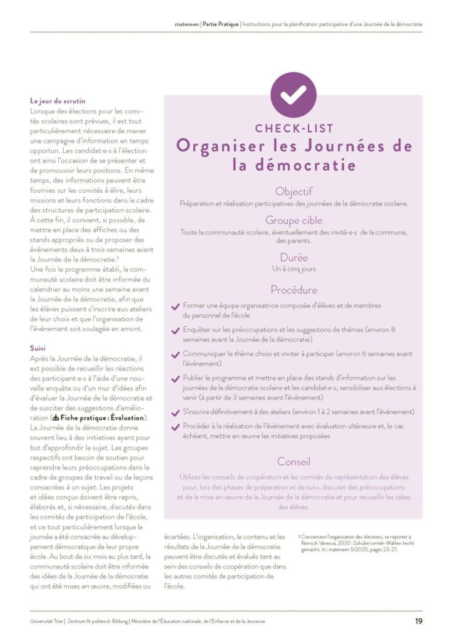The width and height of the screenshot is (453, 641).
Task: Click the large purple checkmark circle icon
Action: [x=293, y=95]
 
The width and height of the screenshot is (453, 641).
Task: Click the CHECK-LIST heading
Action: [x=293, y=129]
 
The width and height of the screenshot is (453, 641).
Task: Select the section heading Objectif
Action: [x=293, y=192]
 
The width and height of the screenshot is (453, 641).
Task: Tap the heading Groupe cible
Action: [x=293, y=220]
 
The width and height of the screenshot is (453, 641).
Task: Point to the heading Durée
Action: [x=293, y=257]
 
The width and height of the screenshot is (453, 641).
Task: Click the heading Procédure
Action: [x=293, y=290]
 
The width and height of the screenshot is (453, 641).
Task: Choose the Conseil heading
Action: [x=293, y=462]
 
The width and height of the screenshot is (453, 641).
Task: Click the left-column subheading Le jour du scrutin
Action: [x=58, y=101]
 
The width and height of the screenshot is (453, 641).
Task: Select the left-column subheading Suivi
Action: [x=38, y=347]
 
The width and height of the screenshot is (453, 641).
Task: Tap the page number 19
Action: [x=418, y=621]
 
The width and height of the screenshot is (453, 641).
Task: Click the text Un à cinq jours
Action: [x=293, y=269]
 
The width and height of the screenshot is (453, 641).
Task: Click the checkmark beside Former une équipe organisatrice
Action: [x=175, y=306]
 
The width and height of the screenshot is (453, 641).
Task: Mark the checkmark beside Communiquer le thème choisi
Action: [x=175, y=354]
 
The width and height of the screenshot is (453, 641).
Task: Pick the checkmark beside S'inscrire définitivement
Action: [x=175, y=413]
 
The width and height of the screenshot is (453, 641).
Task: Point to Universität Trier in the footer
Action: [x=47, y=621]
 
